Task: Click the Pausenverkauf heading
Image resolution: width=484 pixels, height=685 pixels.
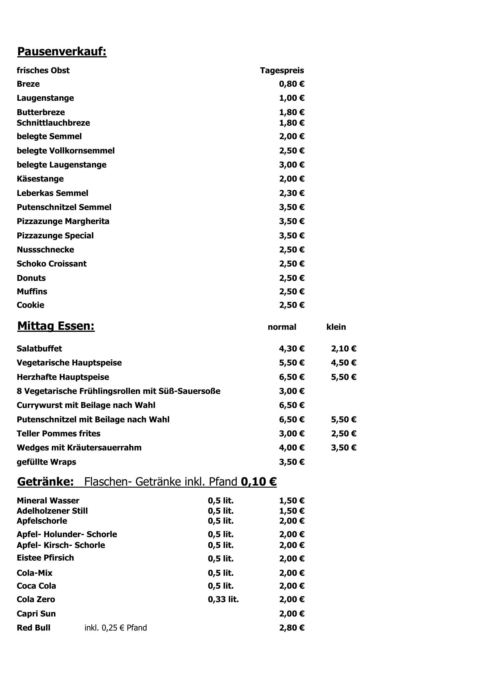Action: tap(62, 52)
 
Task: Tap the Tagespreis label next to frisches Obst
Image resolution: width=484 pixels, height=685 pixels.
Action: tap(282, 70)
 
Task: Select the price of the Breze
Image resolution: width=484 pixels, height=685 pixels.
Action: tap(291, 84)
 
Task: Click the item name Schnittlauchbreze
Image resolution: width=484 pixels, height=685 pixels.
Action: tap(53, 123)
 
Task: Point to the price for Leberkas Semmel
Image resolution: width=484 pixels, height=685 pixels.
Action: tap(291, 193)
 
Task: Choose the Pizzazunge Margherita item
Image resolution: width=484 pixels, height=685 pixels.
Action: tap(63, 221)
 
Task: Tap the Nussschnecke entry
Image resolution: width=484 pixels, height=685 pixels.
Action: tap(45, 250)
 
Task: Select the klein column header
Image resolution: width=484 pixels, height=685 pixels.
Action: tap(336, 327)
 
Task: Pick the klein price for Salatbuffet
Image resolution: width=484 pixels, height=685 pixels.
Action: tap(343, 349)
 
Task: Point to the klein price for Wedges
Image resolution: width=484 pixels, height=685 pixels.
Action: tap(343, 447)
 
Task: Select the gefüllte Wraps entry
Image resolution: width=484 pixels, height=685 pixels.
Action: tap(46, 462)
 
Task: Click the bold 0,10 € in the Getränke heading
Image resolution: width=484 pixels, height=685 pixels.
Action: tap(258, 481)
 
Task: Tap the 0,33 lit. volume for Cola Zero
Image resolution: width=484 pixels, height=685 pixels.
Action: tap(223, 599)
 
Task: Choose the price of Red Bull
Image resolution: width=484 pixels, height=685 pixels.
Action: tap(291, 628)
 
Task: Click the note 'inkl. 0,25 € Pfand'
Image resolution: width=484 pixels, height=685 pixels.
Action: tap(116, 628)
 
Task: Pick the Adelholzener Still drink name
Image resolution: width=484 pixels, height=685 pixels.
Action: tap(52, 511)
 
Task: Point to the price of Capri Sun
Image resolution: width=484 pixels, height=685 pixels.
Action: tap(291, 614)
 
